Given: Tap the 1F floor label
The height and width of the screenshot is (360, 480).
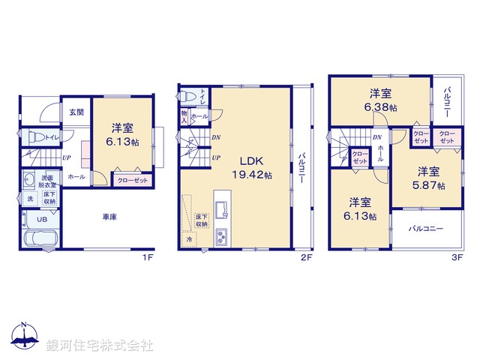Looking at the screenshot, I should pyautogui.click(x=148, y=257).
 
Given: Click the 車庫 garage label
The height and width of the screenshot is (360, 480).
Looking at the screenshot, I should pyautogui.click(x=109, y=217).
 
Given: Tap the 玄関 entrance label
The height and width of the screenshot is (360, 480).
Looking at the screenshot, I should pyautogui.click(x=76, y=112).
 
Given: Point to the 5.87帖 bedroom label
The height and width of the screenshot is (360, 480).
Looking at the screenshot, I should pyautogui.click(x=431, y=177).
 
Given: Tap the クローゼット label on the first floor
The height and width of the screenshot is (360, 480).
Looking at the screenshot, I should pyautogui.click(x=133, y=181).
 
